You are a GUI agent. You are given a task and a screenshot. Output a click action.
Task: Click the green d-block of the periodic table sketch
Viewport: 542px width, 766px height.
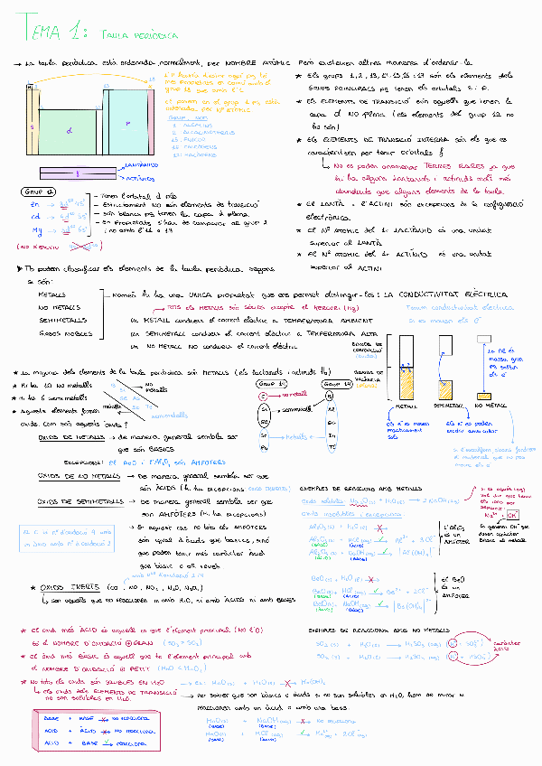coord(70,132)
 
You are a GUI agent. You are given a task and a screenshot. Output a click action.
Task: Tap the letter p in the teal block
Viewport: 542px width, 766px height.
coord(128,124)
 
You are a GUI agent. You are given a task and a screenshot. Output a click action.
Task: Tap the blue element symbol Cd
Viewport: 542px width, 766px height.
coord(35,216)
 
